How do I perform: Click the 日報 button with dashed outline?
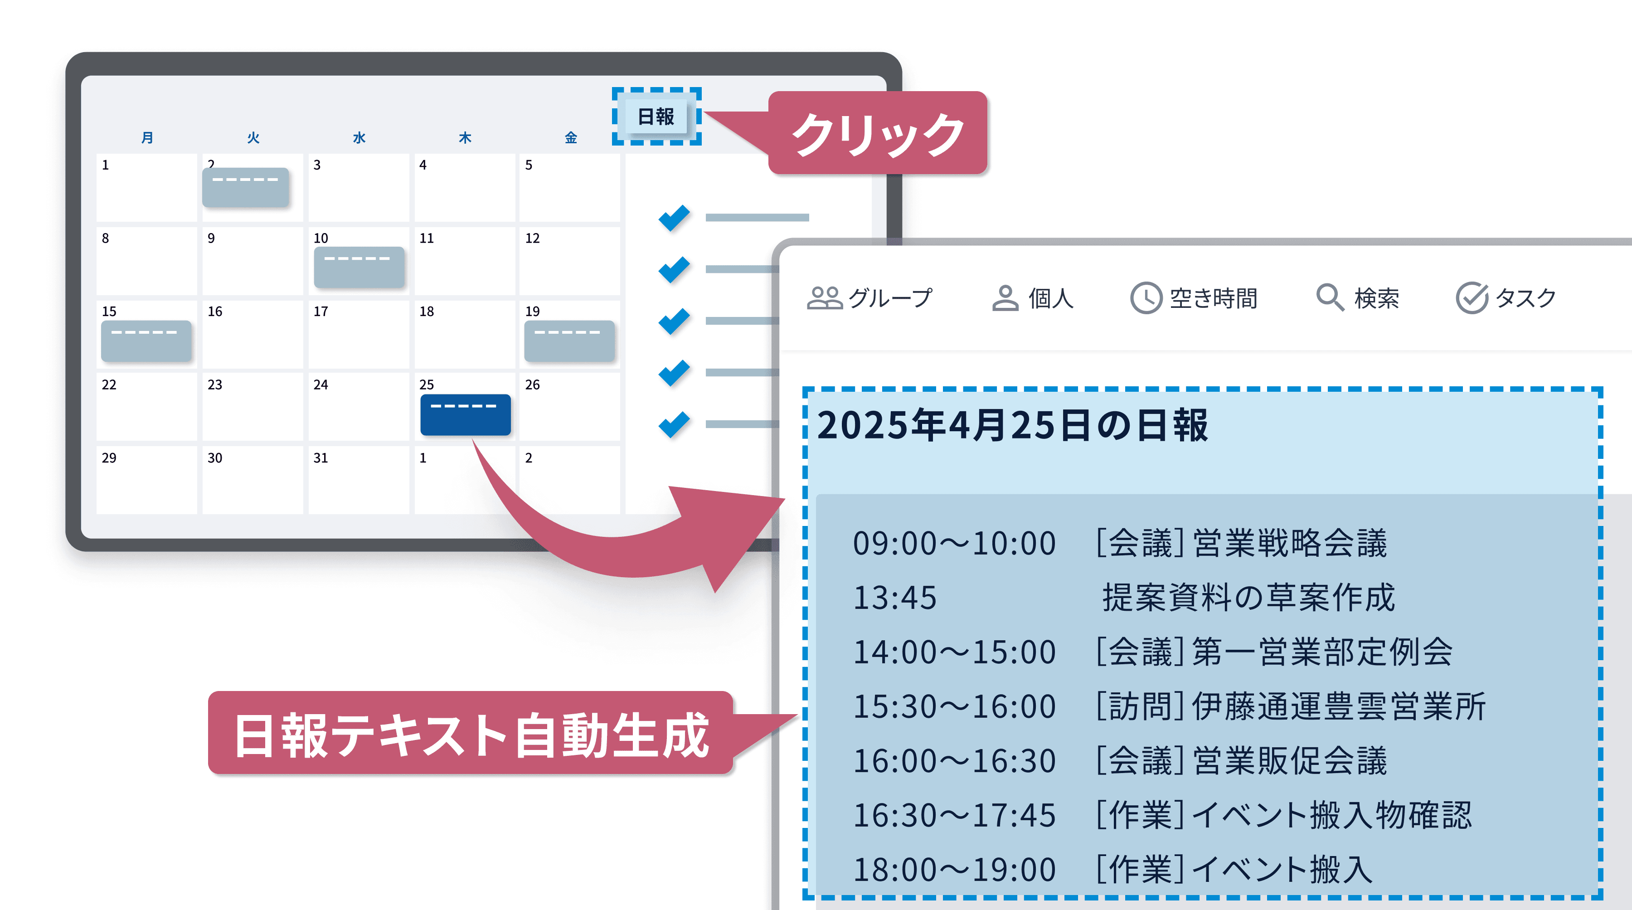tap(656, 117)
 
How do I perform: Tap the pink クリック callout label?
tap(878, 133)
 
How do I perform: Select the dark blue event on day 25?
tap(466, 414)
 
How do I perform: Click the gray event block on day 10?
tap(359, 267)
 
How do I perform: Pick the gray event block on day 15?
tap(146, 341)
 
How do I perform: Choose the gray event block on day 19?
tap(569, 341)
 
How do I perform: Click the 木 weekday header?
tap(465, 137)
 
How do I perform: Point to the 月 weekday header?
tap(147, 137)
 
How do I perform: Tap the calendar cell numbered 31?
tap(359, 480)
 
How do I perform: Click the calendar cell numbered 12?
tap(569, 260)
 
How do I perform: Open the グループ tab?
tap(869, 298)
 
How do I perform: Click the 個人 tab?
tap(1033, 298)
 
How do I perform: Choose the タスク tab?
tap(1506, 298)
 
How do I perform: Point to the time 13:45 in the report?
tap(894, 598)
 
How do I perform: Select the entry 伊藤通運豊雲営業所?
tap(1339, 706)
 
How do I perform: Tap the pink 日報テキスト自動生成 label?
tap(471, 733)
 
